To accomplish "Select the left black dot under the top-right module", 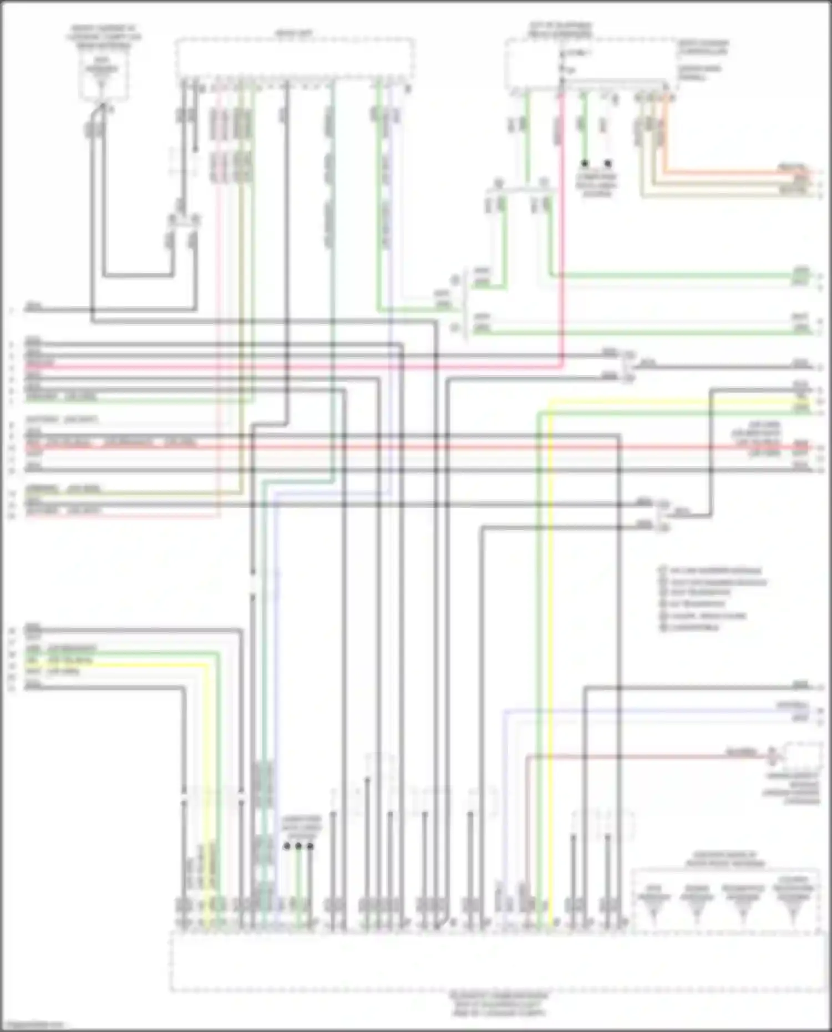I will (584, 164).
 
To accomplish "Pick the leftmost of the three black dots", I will (287, 846).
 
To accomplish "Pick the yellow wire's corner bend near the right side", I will (549, 401).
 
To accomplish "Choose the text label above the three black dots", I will (300, 825).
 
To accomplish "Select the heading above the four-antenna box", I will (724, 859).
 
